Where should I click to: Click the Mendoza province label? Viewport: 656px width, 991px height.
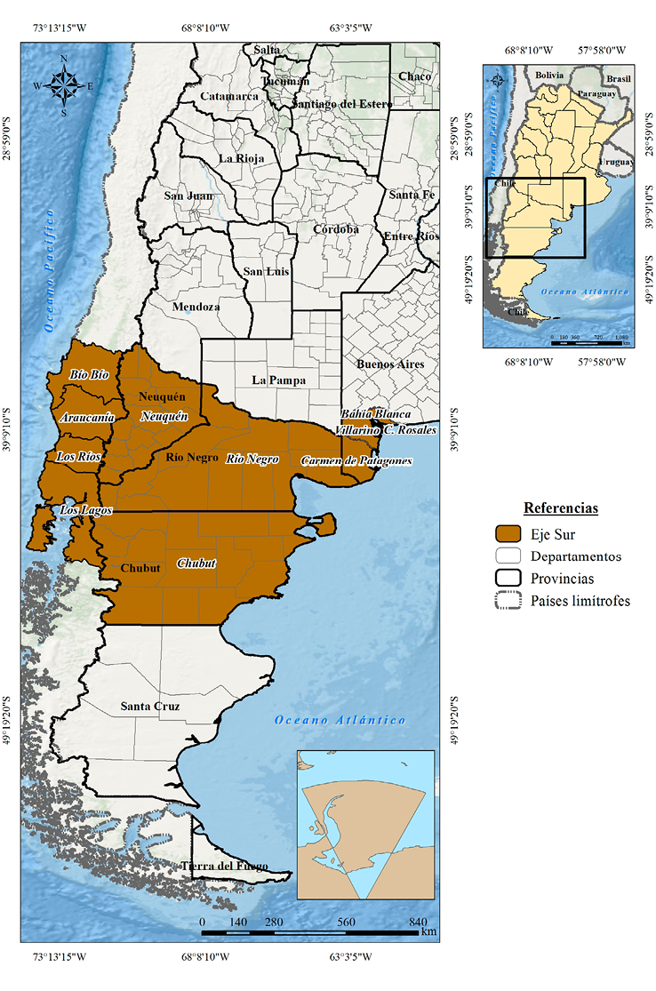[196, 307]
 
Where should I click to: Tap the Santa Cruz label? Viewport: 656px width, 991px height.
[150, 707]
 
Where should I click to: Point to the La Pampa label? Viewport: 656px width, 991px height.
[278, 380]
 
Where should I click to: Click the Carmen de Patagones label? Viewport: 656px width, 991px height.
[356, 460]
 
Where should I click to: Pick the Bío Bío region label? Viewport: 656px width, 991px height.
[89, 375]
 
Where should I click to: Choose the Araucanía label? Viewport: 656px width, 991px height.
[86, 417]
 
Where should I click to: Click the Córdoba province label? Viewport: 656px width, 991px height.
[335, 229]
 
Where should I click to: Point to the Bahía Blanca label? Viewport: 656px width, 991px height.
[376, 414]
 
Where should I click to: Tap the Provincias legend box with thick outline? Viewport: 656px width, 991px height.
[508, 578]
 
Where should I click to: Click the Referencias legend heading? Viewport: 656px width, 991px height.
[561, 508]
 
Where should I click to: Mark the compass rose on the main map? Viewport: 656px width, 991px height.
[64, 85]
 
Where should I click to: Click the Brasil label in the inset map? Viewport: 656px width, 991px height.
[619, 80]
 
